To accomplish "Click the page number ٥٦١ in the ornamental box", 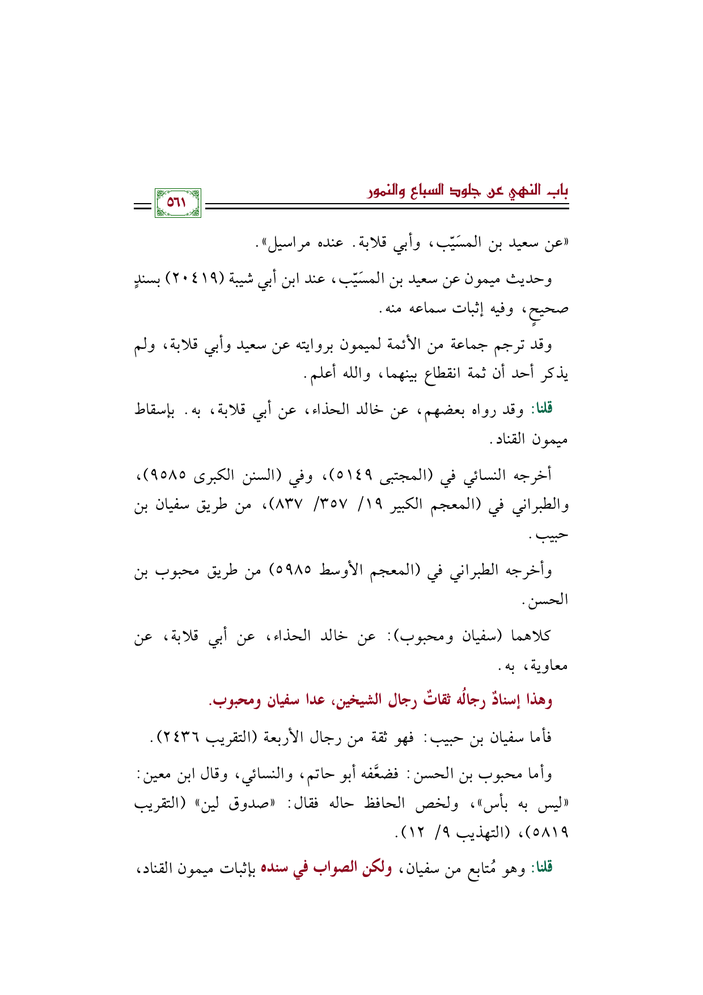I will [x=177, y=203].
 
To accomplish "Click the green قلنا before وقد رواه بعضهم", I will [x=541, y=409].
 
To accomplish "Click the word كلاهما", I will [x=531, y=635].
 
